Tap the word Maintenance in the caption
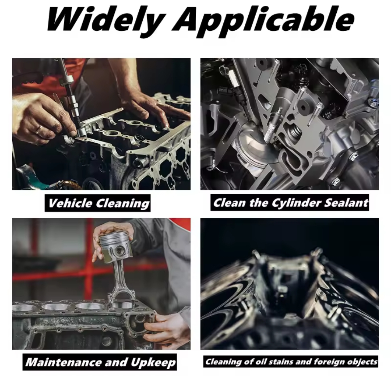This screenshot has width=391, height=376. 64,362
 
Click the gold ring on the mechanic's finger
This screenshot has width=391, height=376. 39,129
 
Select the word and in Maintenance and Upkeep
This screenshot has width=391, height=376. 116,362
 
